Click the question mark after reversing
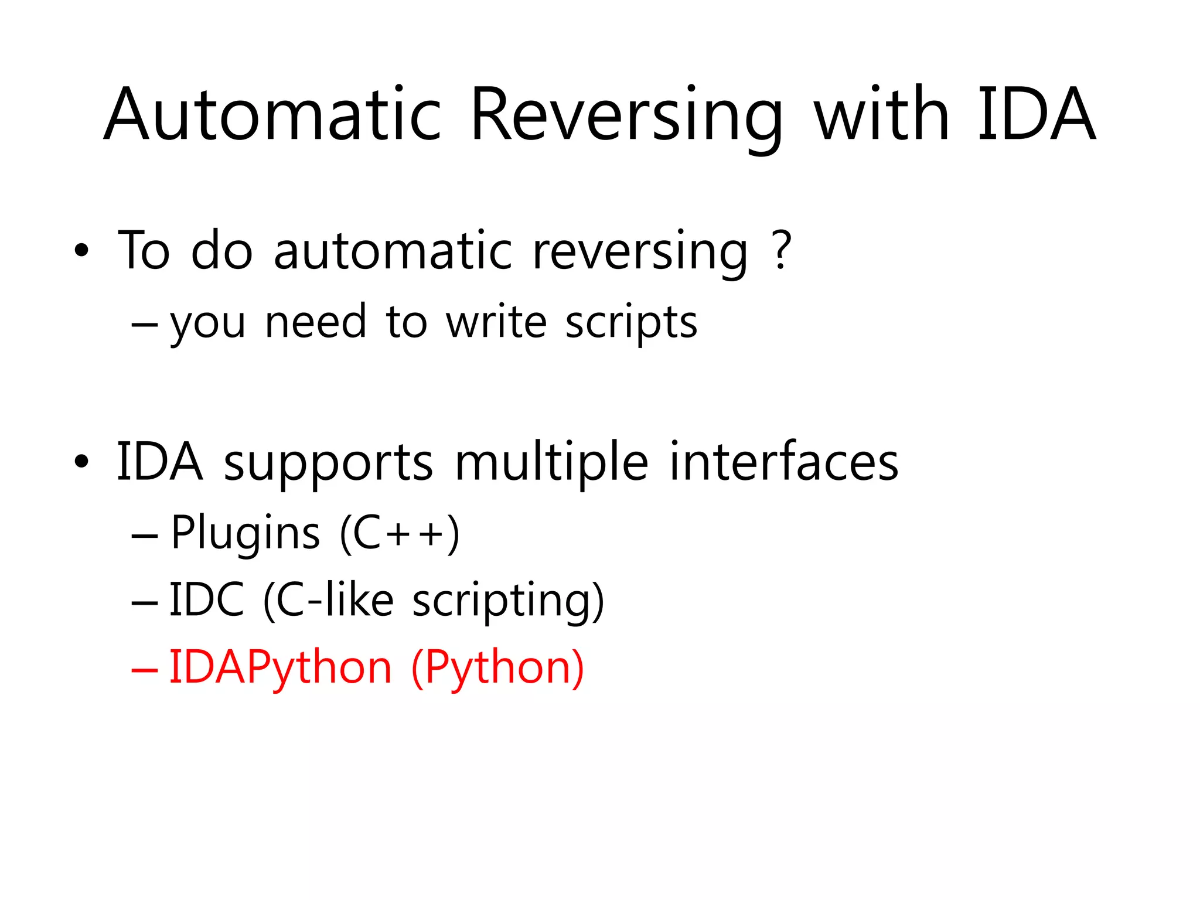(x=782, y=251)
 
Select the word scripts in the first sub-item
(x=631, y=323)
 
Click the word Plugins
(x=245, y=533)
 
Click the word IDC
(x=206, y=600)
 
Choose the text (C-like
(x=328, y=600)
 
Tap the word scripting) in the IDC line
(x=508, y=601)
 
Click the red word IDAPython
(x=280, y=668)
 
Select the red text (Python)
(x=497, y=668)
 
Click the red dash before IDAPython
(x=144, y=669)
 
